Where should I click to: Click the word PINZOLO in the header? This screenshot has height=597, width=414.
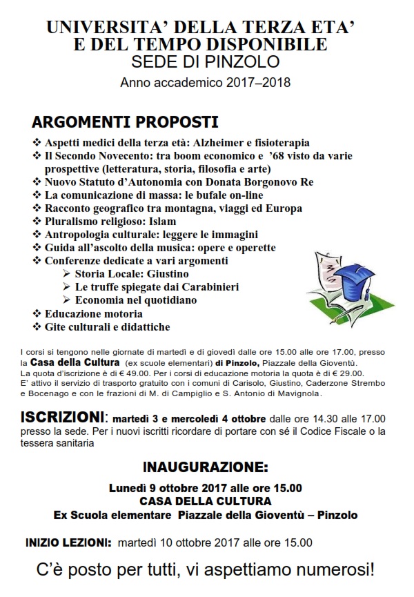(x=244, y=62)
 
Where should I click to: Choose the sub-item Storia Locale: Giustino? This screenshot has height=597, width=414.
(x=132, y=273)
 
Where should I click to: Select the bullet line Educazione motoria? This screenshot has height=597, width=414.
(x=93, y=313)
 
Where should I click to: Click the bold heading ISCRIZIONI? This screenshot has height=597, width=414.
(x=63, y=418)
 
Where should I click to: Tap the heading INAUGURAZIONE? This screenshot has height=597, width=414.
(x=205, y=466)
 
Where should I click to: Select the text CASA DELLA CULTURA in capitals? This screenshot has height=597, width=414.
(x=205, y=500)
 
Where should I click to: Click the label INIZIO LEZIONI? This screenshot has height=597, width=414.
(x=68, y=542)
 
